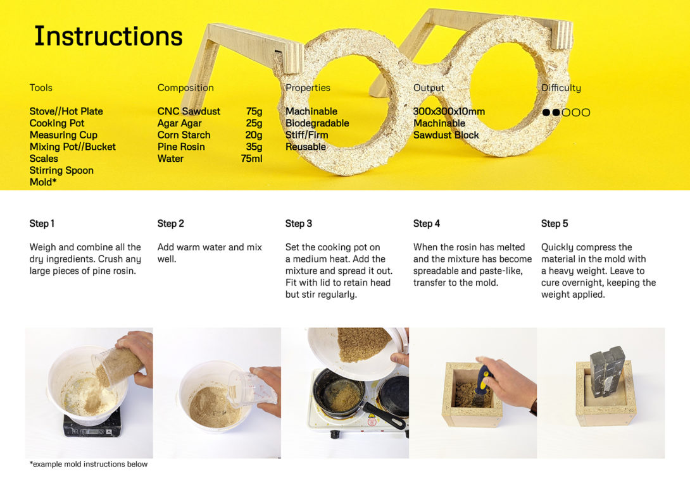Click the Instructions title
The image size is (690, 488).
pos(108,36)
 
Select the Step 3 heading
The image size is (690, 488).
pos(298,224)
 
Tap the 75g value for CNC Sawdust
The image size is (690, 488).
pos(254,111)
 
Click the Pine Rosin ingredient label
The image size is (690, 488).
pos(181,147)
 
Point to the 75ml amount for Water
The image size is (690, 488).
pos(251,159)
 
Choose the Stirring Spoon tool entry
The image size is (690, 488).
pos(61,171)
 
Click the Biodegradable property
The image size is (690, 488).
pos(317,123)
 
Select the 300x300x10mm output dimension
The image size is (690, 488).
pos(449,111)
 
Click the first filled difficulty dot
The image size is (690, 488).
pos(546,113)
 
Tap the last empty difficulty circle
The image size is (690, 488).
pos(586,113)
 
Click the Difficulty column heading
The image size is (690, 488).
pos(561,88)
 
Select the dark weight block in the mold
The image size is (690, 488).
pos(607,371)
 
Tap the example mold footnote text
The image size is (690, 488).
pos(89,464)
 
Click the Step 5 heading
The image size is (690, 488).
pos(555,224)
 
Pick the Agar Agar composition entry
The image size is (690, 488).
pos(180,123)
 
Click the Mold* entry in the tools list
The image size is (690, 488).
pos(43,182)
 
